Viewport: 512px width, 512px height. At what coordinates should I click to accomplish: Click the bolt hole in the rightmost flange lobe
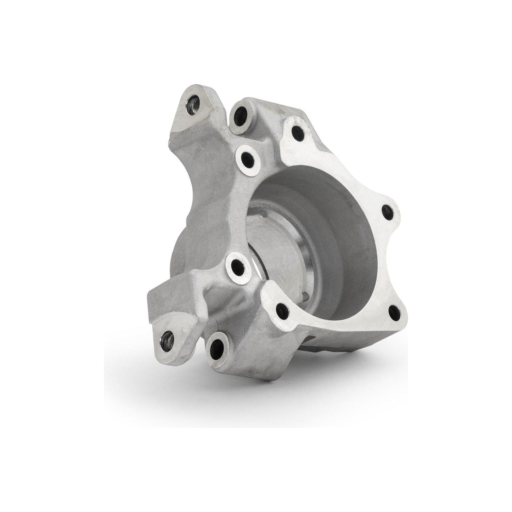pos(387,211)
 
